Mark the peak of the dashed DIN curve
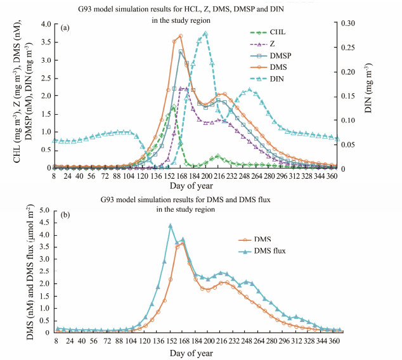point(205,33)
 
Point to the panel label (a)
point(65,29)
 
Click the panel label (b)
point(65,215)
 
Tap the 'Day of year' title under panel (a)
point(195,188)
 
